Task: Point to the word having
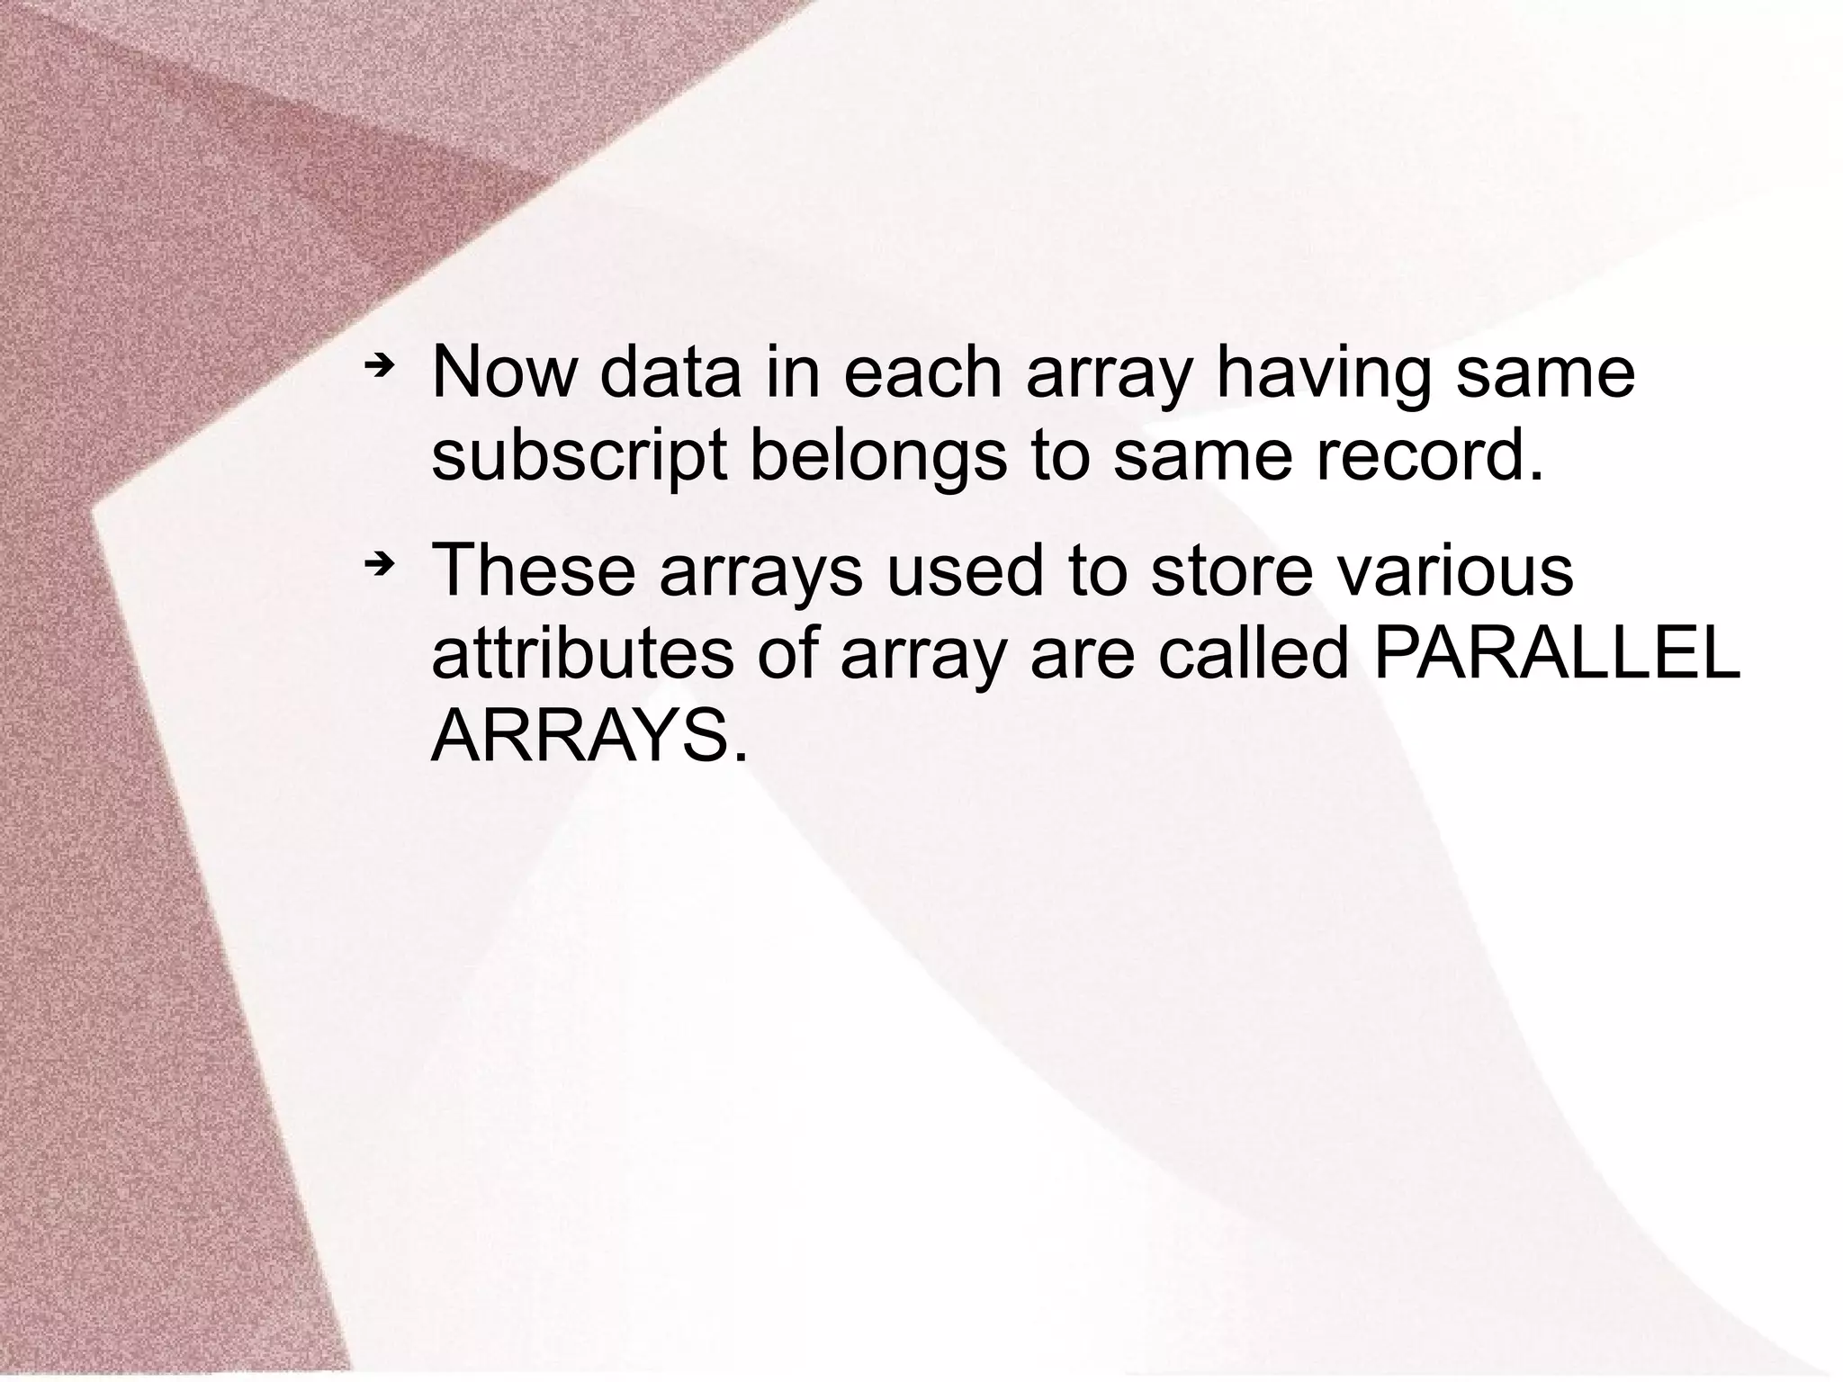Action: (1323, 372)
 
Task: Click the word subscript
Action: (579, 457)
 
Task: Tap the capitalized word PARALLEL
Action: (1557, 654)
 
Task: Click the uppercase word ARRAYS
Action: (589, 738)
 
